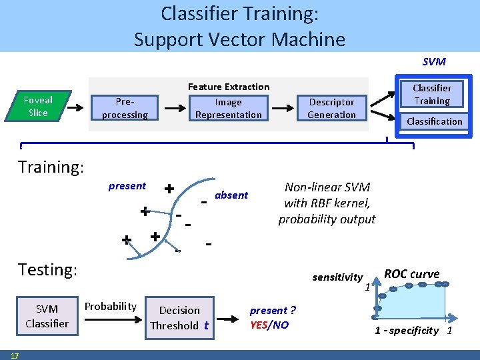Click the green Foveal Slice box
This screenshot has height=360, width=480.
tap(38, 107)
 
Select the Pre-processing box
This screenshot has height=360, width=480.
tap(125, 108)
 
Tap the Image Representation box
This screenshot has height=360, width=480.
tap(229, 108)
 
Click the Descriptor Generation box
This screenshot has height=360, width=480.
tap(331, 108)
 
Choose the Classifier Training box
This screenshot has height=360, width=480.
tap(431, 94)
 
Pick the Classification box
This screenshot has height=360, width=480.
tap(435, 121)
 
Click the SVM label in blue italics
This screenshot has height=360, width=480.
tap(434, 61)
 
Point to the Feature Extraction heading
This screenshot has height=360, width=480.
tap(229, 87)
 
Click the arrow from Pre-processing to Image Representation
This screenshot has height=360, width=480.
tap(175, 108)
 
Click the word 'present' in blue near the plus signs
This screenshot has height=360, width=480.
tap(127, 186)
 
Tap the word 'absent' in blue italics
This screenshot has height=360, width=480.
tap(231, 195)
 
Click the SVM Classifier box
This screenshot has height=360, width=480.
tap(47, 316)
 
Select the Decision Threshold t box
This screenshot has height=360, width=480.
tap(179, 318)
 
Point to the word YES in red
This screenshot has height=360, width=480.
tap(259, 325)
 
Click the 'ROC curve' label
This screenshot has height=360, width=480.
tap(411, 274)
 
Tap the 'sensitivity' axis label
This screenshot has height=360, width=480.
tap(337, 277)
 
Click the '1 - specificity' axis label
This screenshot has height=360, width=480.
tap(407, 331)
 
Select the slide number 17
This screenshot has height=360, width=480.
tap(14, 355)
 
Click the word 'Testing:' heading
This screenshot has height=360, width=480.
tap(48, 270)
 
